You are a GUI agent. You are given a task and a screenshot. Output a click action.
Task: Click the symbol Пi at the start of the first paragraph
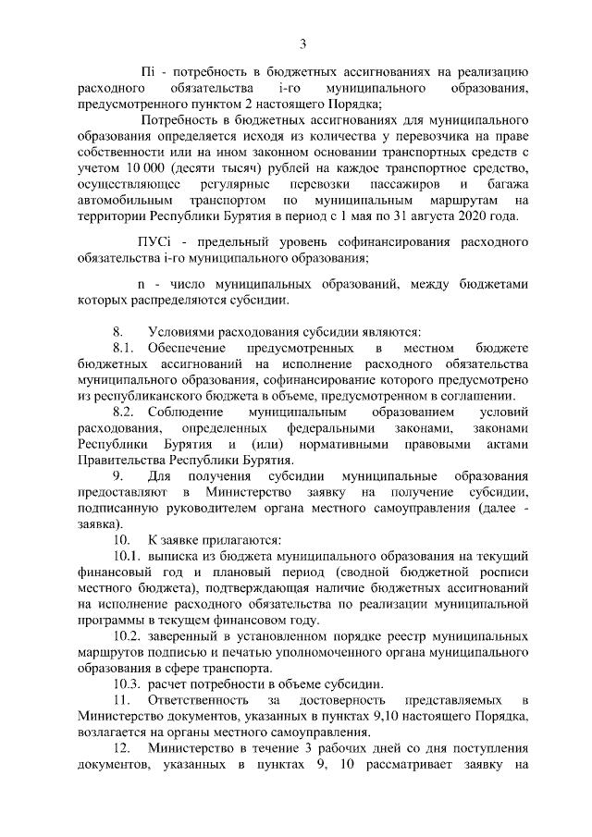click(146, 72)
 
